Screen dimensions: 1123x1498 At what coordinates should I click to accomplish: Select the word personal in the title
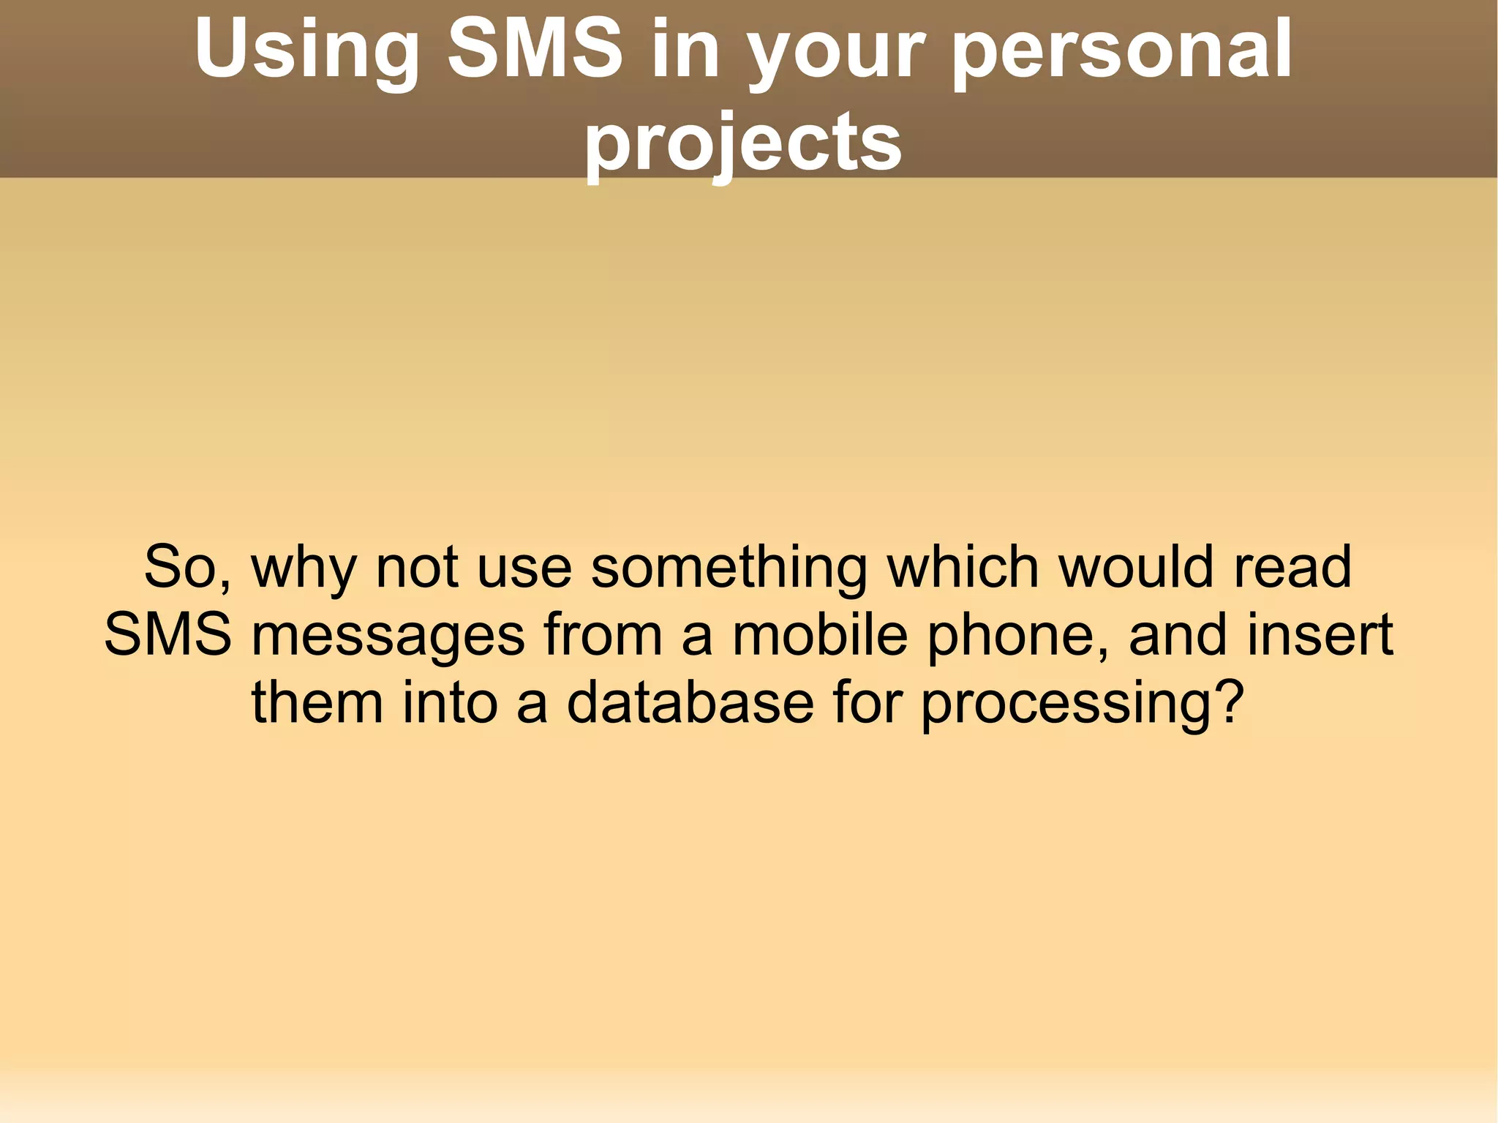1122,50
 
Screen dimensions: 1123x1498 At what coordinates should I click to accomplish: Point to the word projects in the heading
742,143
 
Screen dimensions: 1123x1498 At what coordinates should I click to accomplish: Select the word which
963,566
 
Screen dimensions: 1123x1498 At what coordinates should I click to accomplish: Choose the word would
1137,566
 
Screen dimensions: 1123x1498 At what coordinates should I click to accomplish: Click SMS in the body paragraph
168,634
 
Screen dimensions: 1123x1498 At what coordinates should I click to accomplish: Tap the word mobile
820,634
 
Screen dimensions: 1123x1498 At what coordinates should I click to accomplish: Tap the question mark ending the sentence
1229,702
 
